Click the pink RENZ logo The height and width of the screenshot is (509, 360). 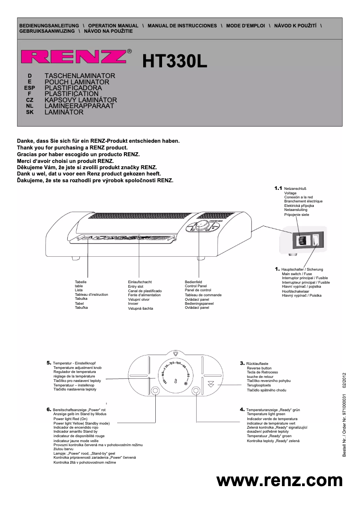[74, 57]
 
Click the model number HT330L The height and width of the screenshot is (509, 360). [175, 62]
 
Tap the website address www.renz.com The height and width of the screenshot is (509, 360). [279, 480]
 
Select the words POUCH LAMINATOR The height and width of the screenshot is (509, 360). [77, 82]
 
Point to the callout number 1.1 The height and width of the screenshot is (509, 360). [278, 188]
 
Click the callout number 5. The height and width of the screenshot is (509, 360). [48, 362]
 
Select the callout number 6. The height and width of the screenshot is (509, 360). [48, 410]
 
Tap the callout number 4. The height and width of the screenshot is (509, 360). [242, 410]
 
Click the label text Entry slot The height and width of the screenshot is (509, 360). [136, 286]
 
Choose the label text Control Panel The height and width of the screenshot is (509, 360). [196, 286]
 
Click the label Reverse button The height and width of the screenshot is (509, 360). [259, 368]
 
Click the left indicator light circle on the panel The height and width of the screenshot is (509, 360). [155, 391]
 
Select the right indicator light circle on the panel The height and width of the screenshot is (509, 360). [196, 391]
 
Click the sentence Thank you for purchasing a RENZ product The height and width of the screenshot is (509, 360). [72, 148]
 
